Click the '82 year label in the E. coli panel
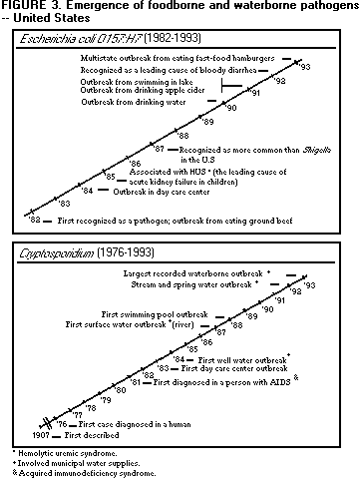click(x=34, y=218)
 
